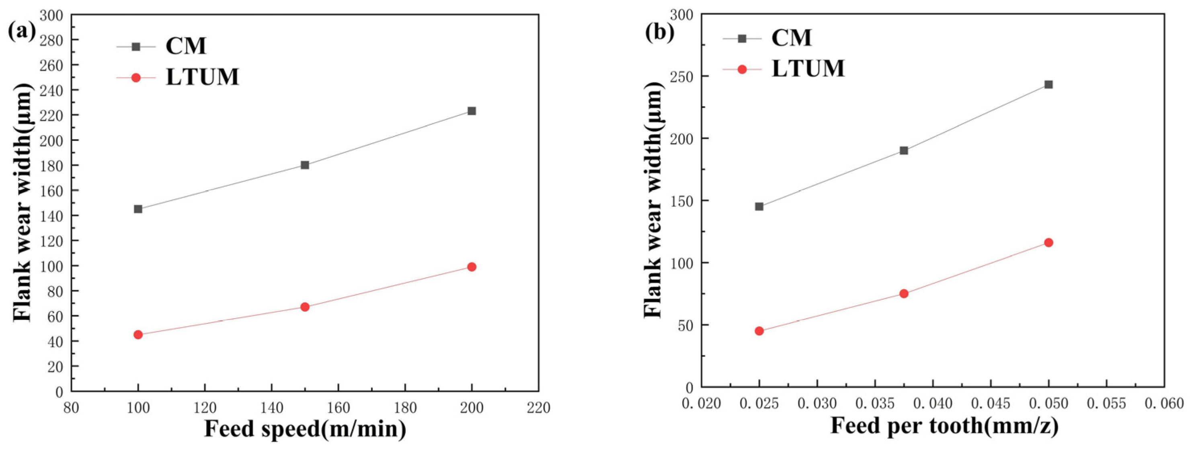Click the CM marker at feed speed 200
[472, 111]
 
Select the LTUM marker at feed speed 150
[304, 307]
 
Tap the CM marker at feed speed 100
[138, 209]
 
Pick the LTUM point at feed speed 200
[472, 267]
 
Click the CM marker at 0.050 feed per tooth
[1048, 85]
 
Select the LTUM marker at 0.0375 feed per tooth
[904, 294]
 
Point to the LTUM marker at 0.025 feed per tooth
[759, 331]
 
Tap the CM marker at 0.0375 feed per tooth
[904, 150]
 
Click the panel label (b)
[660, 31]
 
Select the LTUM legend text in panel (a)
[202, 77]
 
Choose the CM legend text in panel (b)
[791, 38]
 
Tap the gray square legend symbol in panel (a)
[135, 47]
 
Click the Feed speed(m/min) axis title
[305, 429]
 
